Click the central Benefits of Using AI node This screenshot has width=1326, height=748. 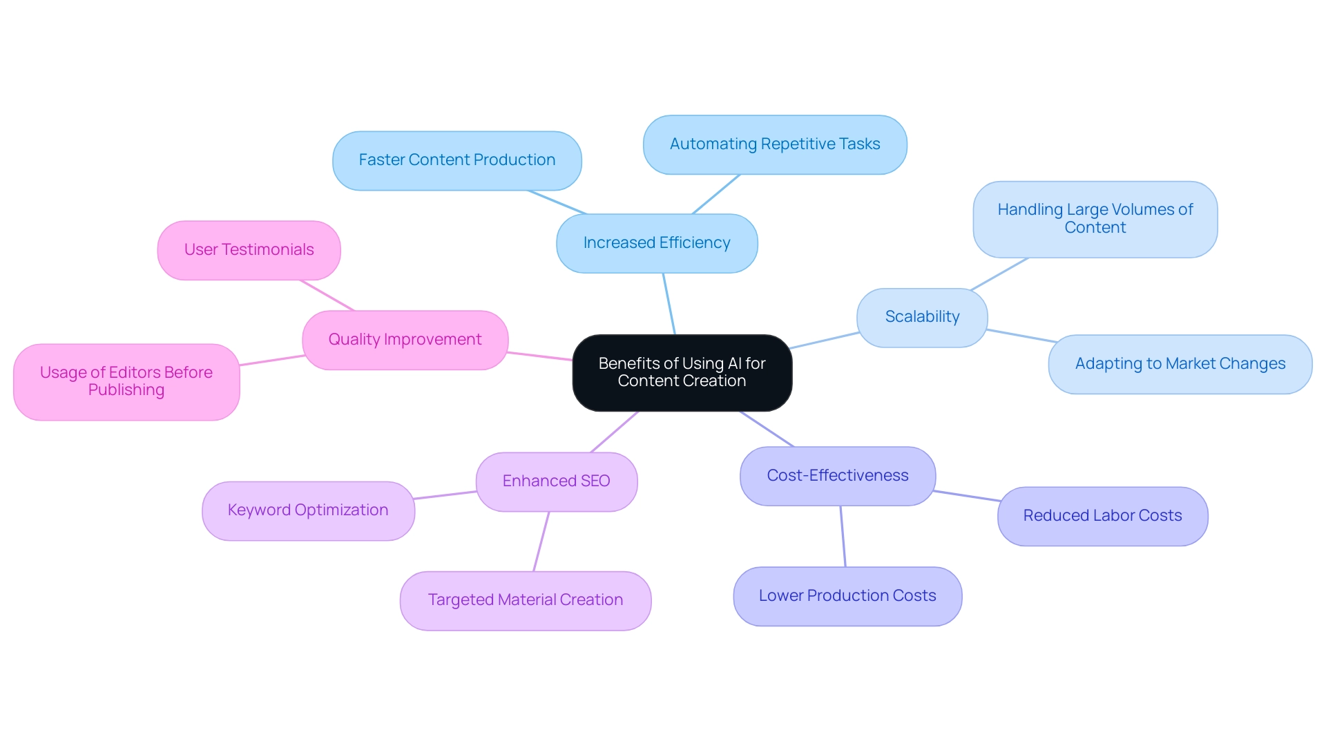pyautogui.click(x=682, y=372)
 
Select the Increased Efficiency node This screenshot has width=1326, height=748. pyautogui.click(x=656, y=243)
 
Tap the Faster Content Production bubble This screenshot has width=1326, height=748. pyautogui.click(x=457, y=160)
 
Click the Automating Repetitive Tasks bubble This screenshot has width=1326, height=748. pyautogui.click(x=774, y=144)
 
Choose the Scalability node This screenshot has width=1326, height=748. pyautogui.click(x=921, y=317)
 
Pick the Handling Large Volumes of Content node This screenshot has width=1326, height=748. pyautogui.click(x=1095, y=219)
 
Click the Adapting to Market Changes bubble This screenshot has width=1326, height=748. pyautogui.click(x=1180, y=364)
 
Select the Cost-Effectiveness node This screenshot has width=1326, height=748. pyautogui.click(x=837, y=476)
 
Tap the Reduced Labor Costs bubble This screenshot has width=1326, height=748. pyautogui.click(x=1102, y=516)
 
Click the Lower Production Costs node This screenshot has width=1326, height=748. pyautogui.click(x=847, y=596)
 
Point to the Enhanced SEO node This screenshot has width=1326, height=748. pyautogui.click(x=556, y=481)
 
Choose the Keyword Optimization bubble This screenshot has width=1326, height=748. pyautogui.click(x=308, y=510)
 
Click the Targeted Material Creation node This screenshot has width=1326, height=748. pyautogui.click(x=525, y=600)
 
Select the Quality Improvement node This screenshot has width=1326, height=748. pyautogui.click(x=405, y=340)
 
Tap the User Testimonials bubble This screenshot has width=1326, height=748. pyautogui.click(x=249, y=250)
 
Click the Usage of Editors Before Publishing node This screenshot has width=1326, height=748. pyautogui.click(x=126, y=381)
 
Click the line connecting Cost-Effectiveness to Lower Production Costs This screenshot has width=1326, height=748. pyautogui.click(x=843, y=537)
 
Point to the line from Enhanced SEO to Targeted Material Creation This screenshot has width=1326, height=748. pyautogui.click(x=541, y=541)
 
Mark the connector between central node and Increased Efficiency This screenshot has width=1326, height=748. pyautogui.click(x=669, y=304)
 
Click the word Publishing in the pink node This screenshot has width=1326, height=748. pyautogui.click(x=126, y=390)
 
